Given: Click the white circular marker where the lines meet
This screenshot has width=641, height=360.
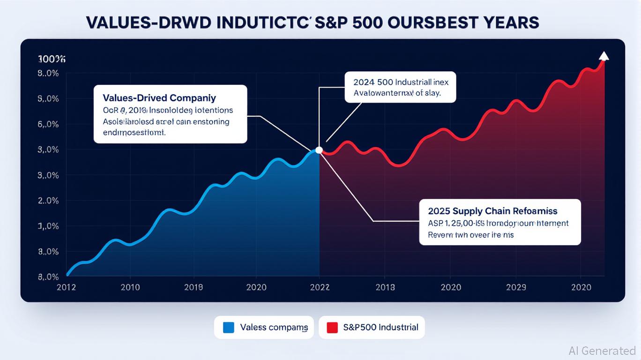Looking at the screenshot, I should (319, 150).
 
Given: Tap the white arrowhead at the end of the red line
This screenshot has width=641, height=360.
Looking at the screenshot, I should (604, 56).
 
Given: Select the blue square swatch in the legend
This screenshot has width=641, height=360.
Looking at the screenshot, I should (228, 327).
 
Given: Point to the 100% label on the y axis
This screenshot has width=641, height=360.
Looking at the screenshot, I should (52, 59).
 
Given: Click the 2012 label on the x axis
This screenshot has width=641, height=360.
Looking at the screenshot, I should (66, 287).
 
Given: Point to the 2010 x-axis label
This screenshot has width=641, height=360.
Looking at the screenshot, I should (130, 287).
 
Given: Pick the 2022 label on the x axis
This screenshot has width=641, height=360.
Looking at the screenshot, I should (320, 287).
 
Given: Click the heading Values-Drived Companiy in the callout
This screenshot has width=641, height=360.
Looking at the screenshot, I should (159, 98).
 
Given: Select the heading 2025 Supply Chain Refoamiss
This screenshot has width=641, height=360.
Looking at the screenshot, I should (492, 211).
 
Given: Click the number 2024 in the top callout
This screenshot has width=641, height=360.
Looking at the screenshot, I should (364, 82).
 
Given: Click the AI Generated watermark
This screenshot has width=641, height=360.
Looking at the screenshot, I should (602, 351).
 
